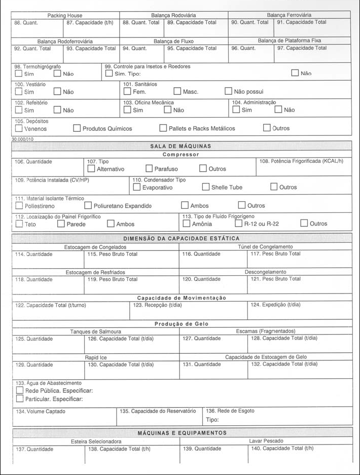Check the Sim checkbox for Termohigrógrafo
[19, 74]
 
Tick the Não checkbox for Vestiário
[57, 92]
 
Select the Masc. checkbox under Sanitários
[177, 92]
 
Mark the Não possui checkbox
[228, 92]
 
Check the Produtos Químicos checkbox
[77, 128]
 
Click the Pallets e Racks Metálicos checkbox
[163, 128]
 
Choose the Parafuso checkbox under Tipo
[149, 169]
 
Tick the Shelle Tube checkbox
[206, 187]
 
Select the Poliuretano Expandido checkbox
[88, 206]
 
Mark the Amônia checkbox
[186, 224]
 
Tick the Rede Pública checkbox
[20, 391]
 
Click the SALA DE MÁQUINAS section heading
[181, 146]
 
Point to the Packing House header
[65, 16]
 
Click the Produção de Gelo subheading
[181, 324]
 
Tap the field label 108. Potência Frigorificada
[301, 161]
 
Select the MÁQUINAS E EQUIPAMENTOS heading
[182, 433]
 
